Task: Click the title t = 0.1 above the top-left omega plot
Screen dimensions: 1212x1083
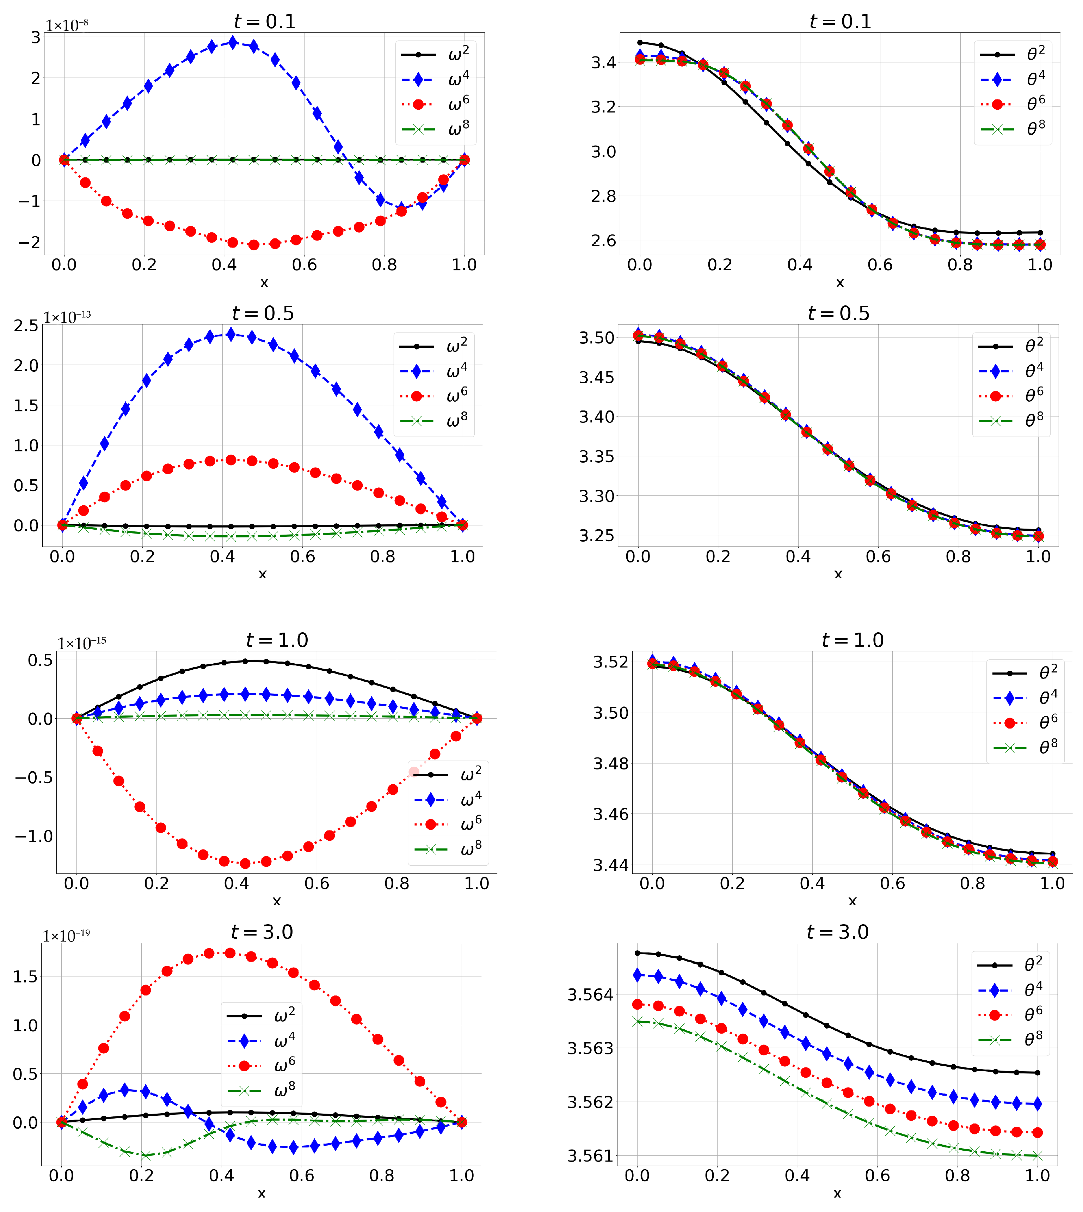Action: pyautogui.click(x=264, y=22)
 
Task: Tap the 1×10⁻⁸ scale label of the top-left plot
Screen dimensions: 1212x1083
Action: pyautogui.click(x=67, y=25)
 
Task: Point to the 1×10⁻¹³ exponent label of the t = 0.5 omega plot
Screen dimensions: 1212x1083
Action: pyautogui.click(x=67, y=317)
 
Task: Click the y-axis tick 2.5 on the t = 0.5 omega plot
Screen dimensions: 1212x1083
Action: pyautogui.click(x=26, y=325)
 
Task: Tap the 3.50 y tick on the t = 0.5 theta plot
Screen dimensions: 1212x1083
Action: pyautogui.click(x=597, y=337)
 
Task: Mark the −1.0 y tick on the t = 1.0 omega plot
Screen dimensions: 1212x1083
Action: pyautogui.click(x=34, y=836)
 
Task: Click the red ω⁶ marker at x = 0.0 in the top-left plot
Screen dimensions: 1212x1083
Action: pyautogui.click(x=64, y=160)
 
